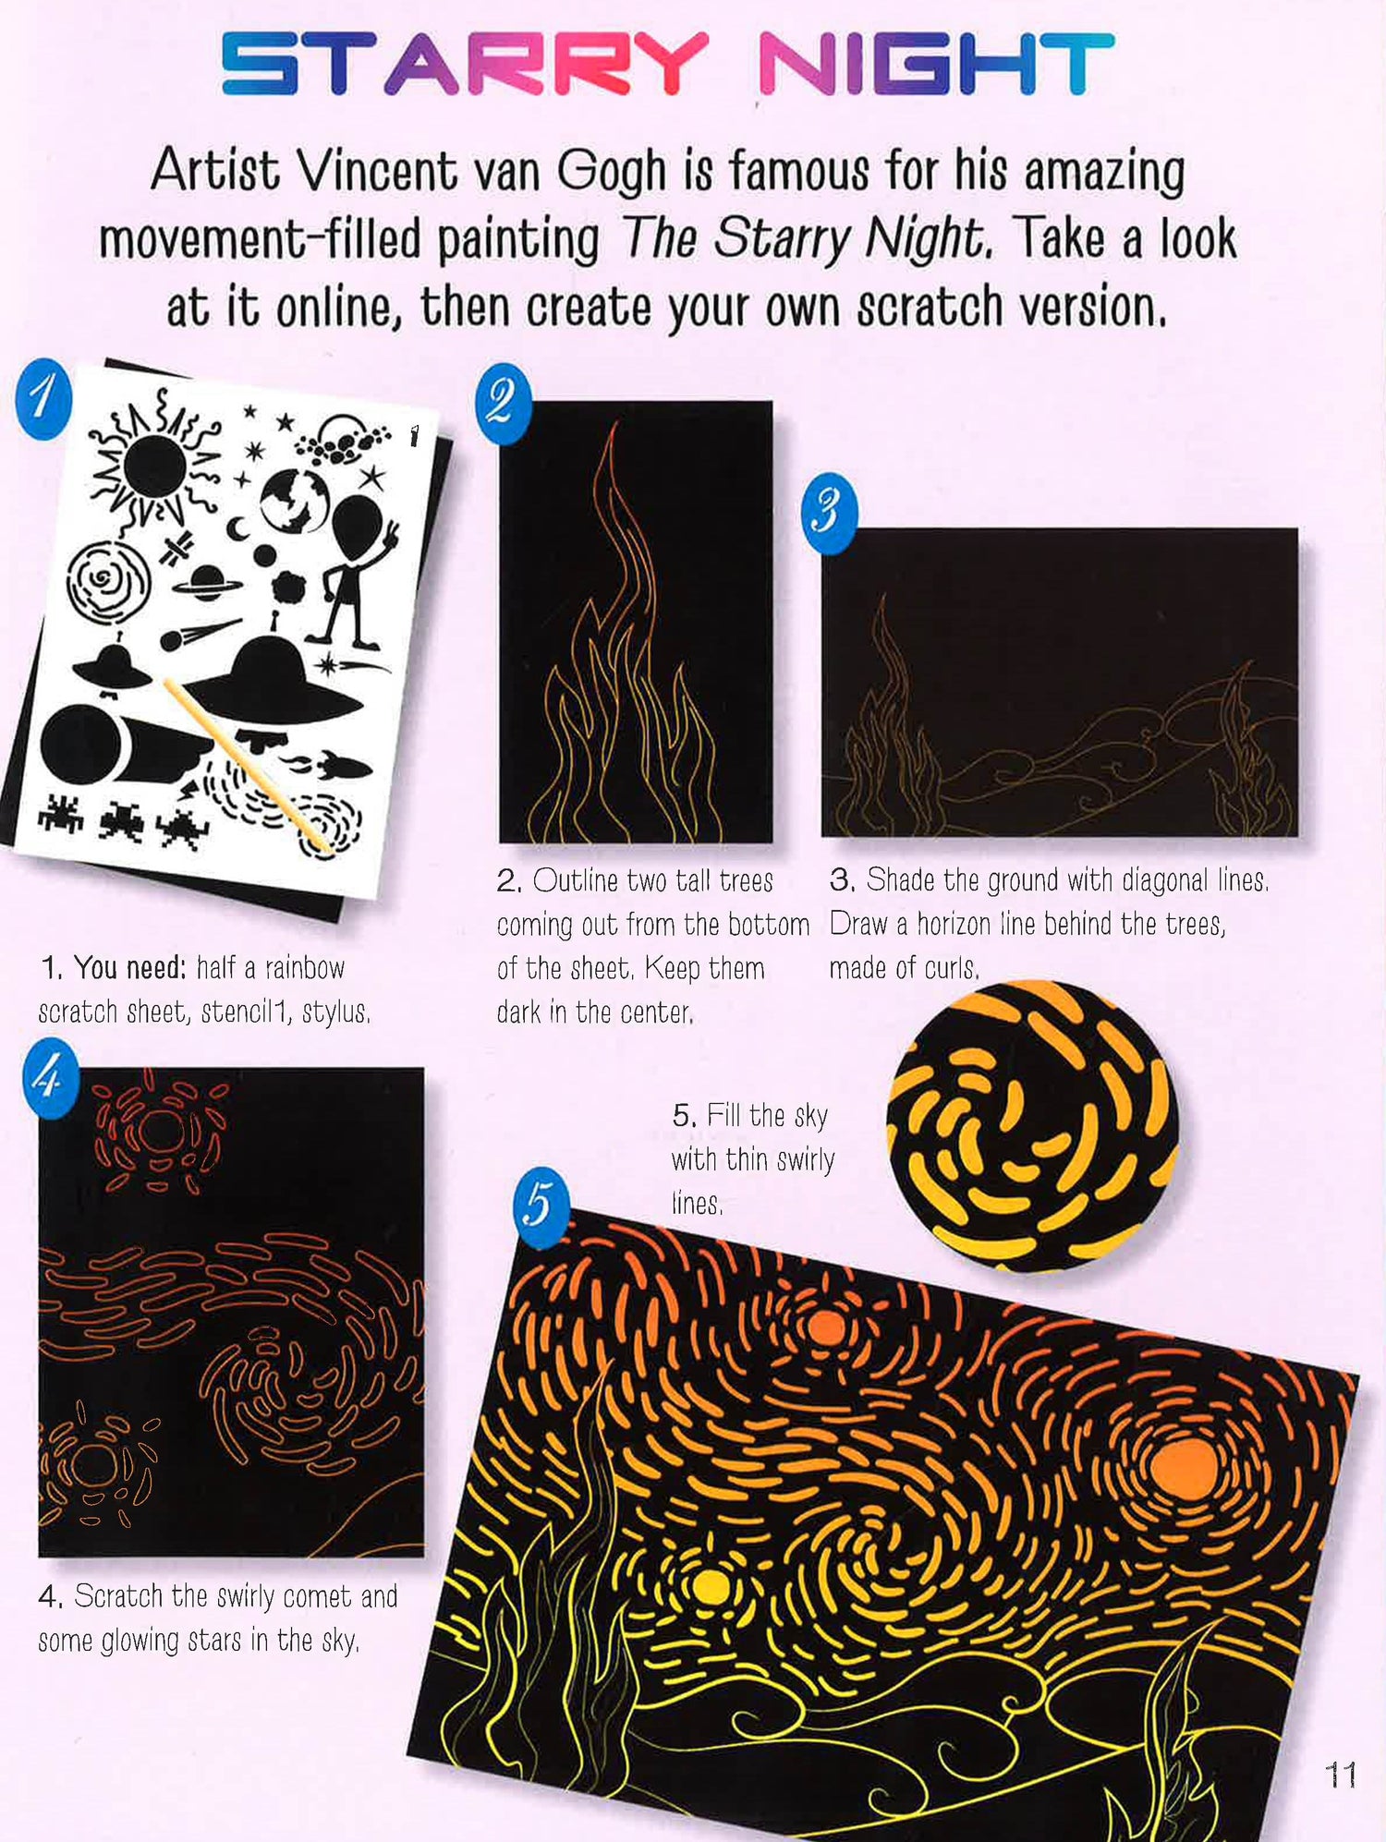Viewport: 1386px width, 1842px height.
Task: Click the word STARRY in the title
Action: tap(465, 64)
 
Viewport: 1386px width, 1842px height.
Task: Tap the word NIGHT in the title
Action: tap(936, 64)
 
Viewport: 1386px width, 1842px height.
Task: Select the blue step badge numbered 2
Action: tap(503, 404)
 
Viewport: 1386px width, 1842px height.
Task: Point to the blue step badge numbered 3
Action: tap(829, 514)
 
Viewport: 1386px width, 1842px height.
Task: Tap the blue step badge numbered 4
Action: tap(51, 1078)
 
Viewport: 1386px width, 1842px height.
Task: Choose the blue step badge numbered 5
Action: tap(541, 1206)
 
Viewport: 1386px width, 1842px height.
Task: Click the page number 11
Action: tap(1340, 1775)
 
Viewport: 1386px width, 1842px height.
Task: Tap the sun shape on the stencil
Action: tap(155, 466)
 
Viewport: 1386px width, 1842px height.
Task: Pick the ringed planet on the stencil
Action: tap(207, 584)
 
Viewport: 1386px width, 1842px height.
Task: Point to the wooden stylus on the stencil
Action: tap(248, 763)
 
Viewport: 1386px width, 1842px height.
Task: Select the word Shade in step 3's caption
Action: tap(900, 879)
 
